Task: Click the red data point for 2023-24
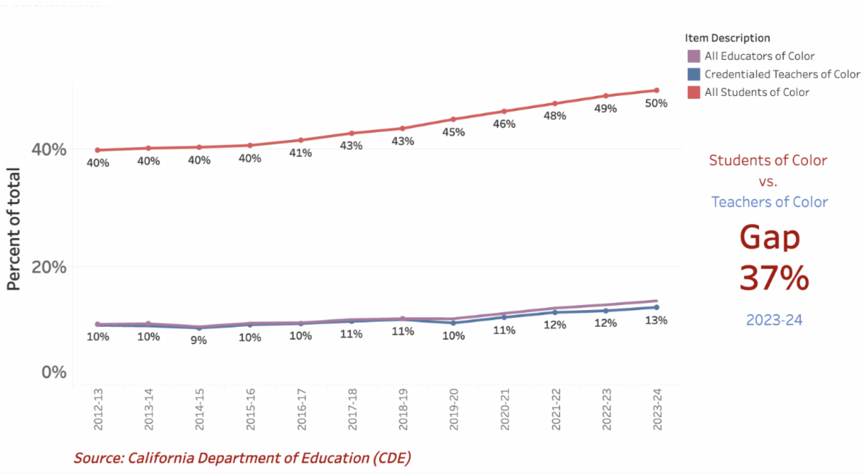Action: [656, 90]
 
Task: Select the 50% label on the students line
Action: [656, 103]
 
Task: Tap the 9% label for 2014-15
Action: [198, 340]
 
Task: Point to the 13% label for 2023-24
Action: [656, 320]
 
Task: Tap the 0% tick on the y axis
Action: [53, 372]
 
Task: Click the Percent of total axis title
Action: [14, 229]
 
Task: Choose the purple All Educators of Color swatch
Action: [693, 56]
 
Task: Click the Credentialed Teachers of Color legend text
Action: [782, 74]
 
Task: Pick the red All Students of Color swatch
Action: [693, 92]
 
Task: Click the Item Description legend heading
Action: [728, 38]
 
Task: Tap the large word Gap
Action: [770, 238]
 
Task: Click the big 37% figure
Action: [773, 278]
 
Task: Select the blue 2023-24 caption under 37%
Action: [774, 320]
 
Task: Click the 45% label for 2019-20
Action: [453, 132]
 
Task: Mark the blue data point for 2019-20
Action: [453, 323]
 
